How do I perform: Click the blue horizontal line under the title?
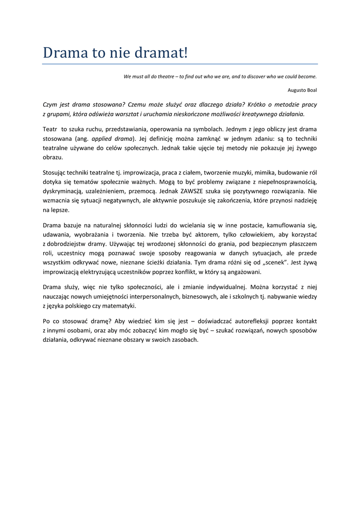pos(180,64)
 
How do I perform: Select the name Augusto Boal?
pos(302,90)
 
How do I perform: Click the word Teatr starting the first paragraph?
pos(50,129)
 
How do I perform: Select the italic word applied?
pos(103,138)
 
